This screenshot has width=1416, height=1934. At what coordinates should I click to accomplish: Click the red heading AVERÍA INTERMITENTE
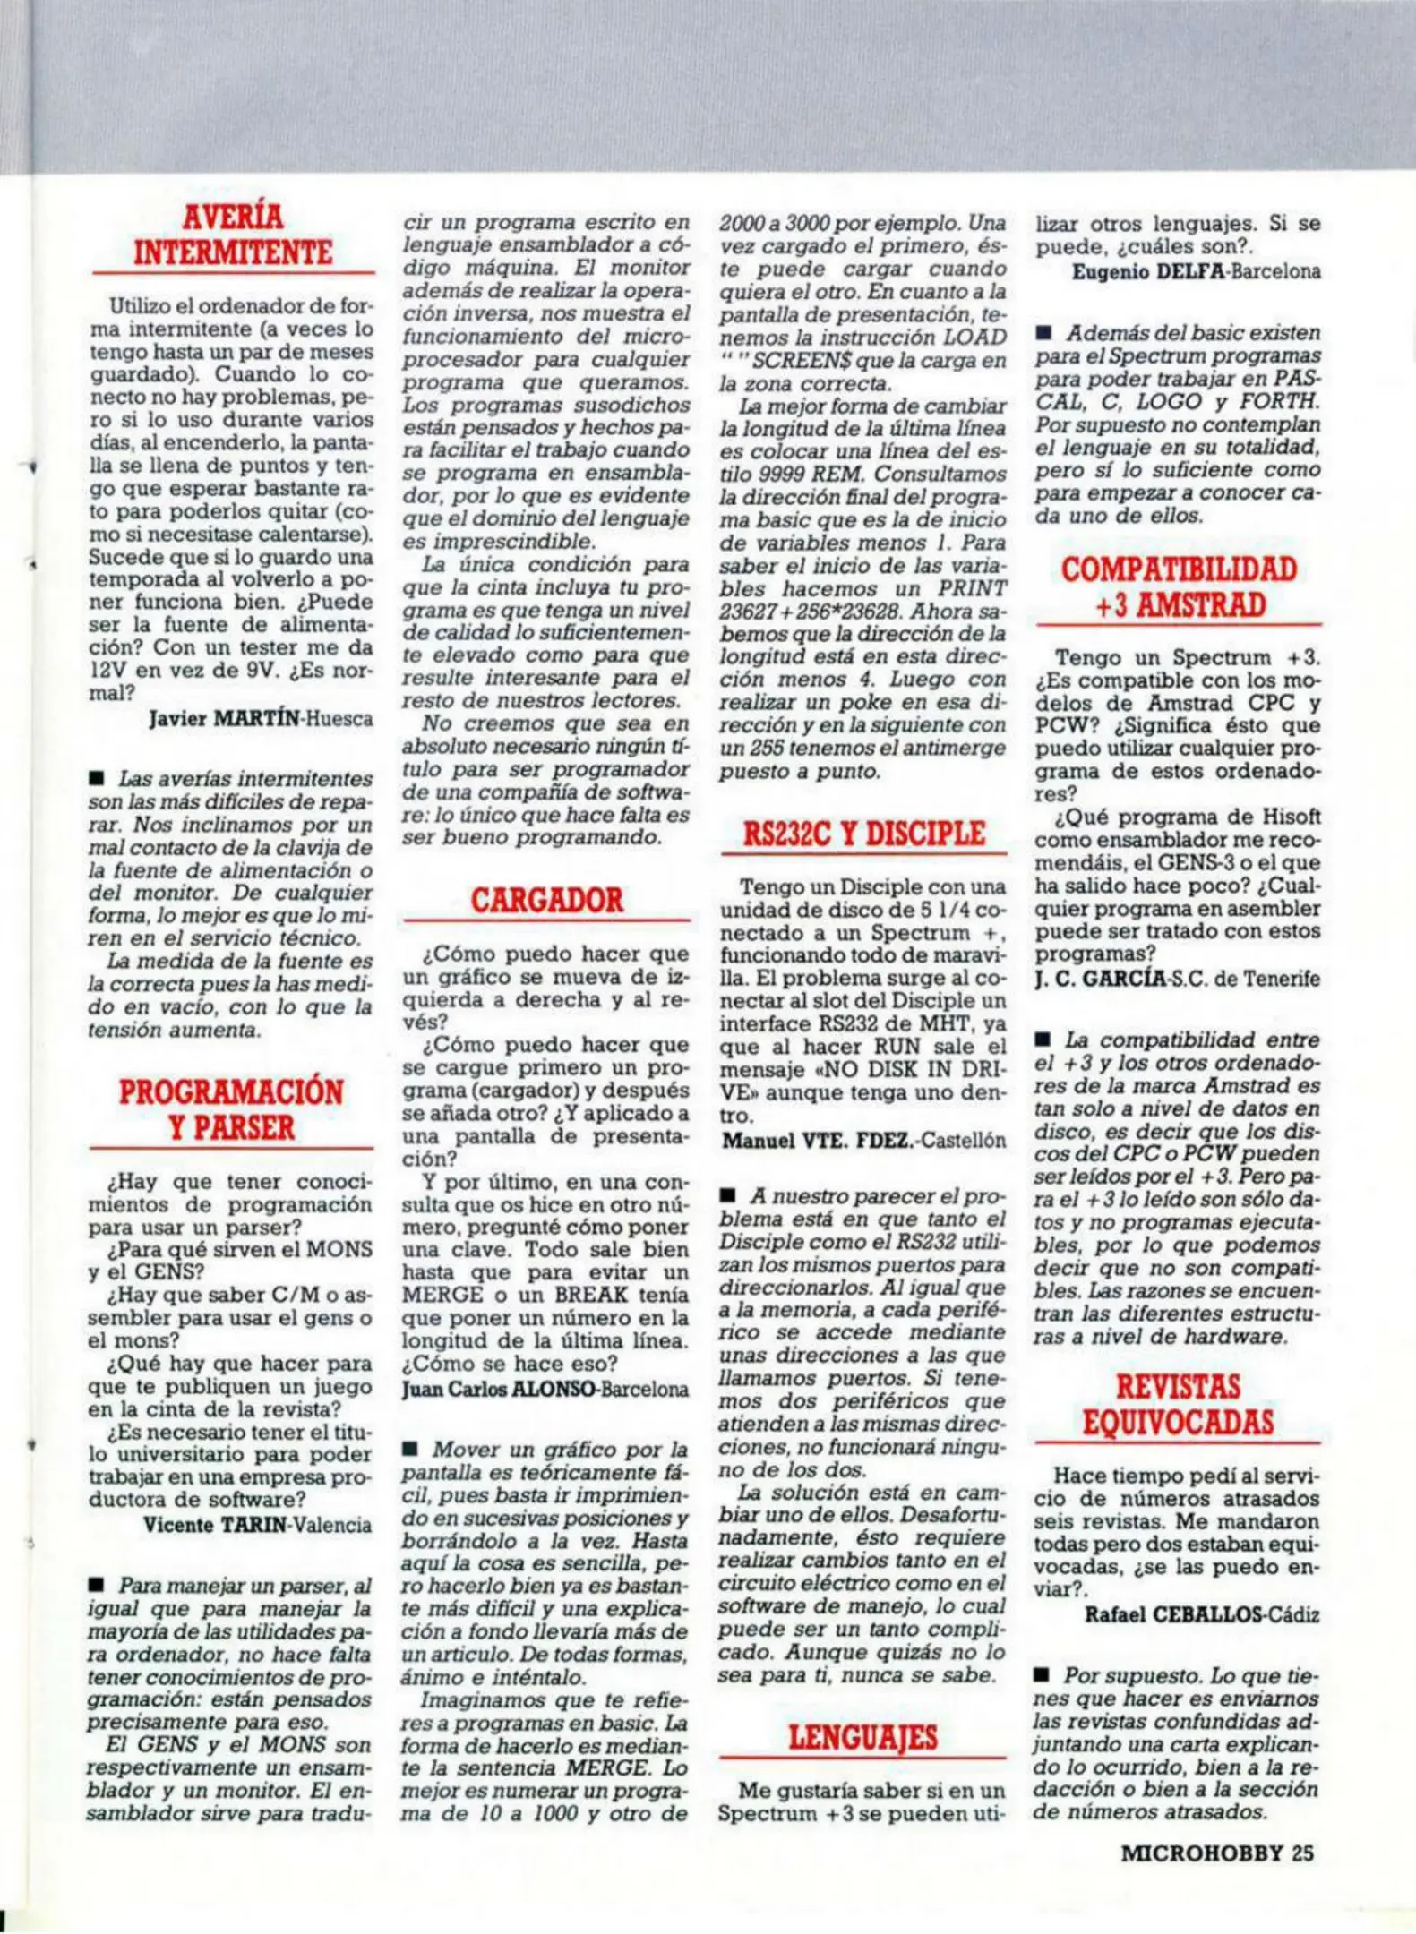233,235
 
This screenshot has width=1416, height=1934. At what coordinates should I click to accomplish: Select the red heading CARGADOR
546,900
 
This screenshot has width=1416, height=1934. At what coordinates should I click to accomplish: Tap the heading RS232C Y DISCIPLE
863,834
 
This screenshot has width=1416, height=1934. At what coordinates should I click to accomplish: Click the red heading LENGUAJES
862,1738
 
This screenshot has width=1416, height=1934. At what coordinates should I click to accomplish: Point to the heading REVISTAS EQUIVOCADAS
1178,1405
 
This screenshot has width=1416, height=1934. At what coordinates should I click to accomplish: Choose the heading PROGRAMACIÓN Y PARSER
231,1109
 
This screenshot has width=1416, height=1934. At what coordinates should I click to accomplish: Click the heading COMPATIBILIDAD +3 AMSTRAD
1179,587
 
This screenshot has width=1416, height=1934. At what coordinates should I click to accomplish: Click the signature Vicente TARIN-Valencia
257,1525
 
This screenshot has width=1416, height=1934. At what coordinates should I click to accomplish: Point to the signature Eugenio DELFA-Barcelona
1196,272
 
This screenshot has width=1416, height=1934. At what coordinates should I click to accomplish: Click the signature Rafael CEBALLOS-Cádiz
1202,1615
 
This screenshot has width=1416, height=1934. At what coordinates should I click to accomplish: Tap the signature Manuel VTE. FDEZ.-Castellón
863,1141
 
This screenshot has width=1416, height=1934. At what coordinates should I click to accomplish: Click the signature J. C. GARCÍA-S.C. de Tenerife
1177,979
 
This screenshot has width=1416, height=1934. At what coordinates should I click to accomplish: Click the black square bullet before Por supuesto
1043,1675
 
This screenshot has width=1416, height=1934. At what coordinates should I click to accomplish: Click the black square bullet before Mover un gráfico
411,1450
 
